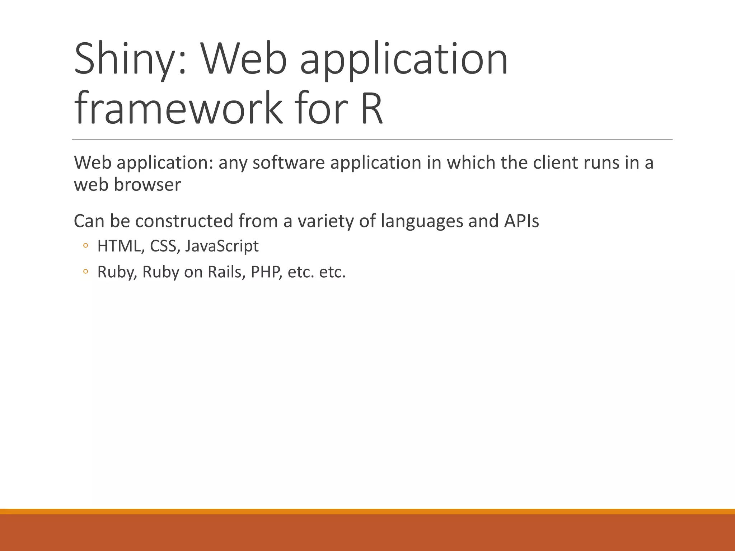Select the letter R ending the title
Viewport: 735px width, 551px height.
click(x=372, y=108)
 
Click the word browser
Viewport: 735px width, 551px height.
click(x=147, y=185)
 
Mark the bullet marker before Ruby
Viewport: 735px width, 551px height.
click(x=85, y=272)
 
